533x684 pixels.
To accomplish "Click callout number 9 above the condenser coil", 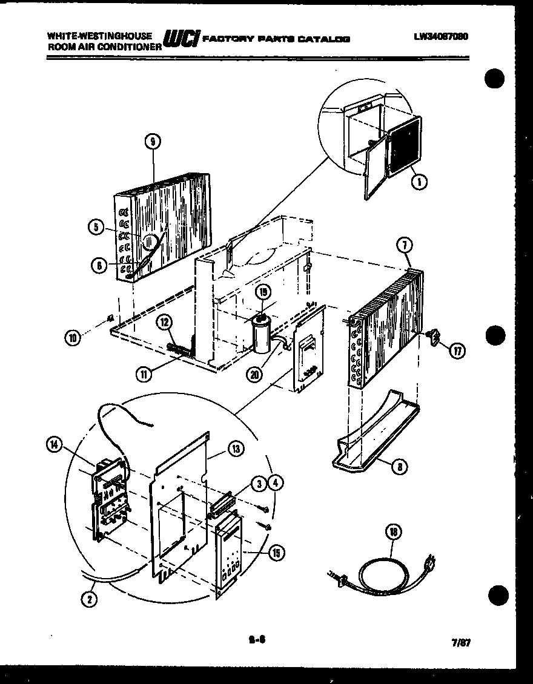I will tap(153, 142).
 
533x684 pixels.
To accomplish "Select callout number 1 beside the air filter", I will tap(417, 180).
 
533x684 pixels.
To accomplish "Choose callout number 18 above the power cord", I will tap(394, 533).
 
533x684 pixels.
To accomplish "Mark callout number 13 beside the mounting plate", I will tap(236, 449).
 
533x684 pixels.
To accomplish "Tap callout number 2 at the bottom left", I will tap(90, 600).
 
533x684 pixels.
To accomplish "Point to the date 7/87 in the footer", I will tap(461, 643).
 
